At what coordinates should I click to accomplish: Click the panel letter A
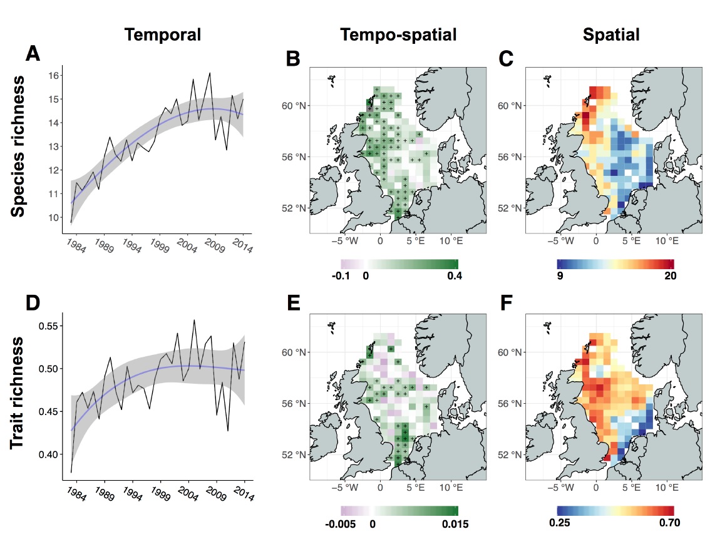[33, 54]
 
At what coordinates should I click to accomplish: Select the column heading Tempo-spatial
[398, 35]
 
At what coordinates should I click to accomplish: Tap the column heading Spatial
[611, 35]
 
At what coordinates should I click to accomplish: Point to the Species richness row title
[19, 146]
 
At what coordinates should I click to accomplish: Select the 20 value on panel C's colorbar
[666, 278]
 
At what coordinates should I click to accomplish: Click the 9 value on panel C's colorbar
[559, 278]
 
